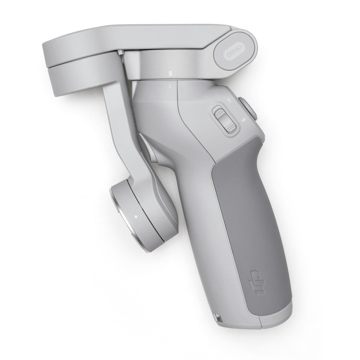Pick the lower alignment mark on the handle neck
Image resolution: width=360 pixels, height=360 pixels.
coord(169,85)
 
